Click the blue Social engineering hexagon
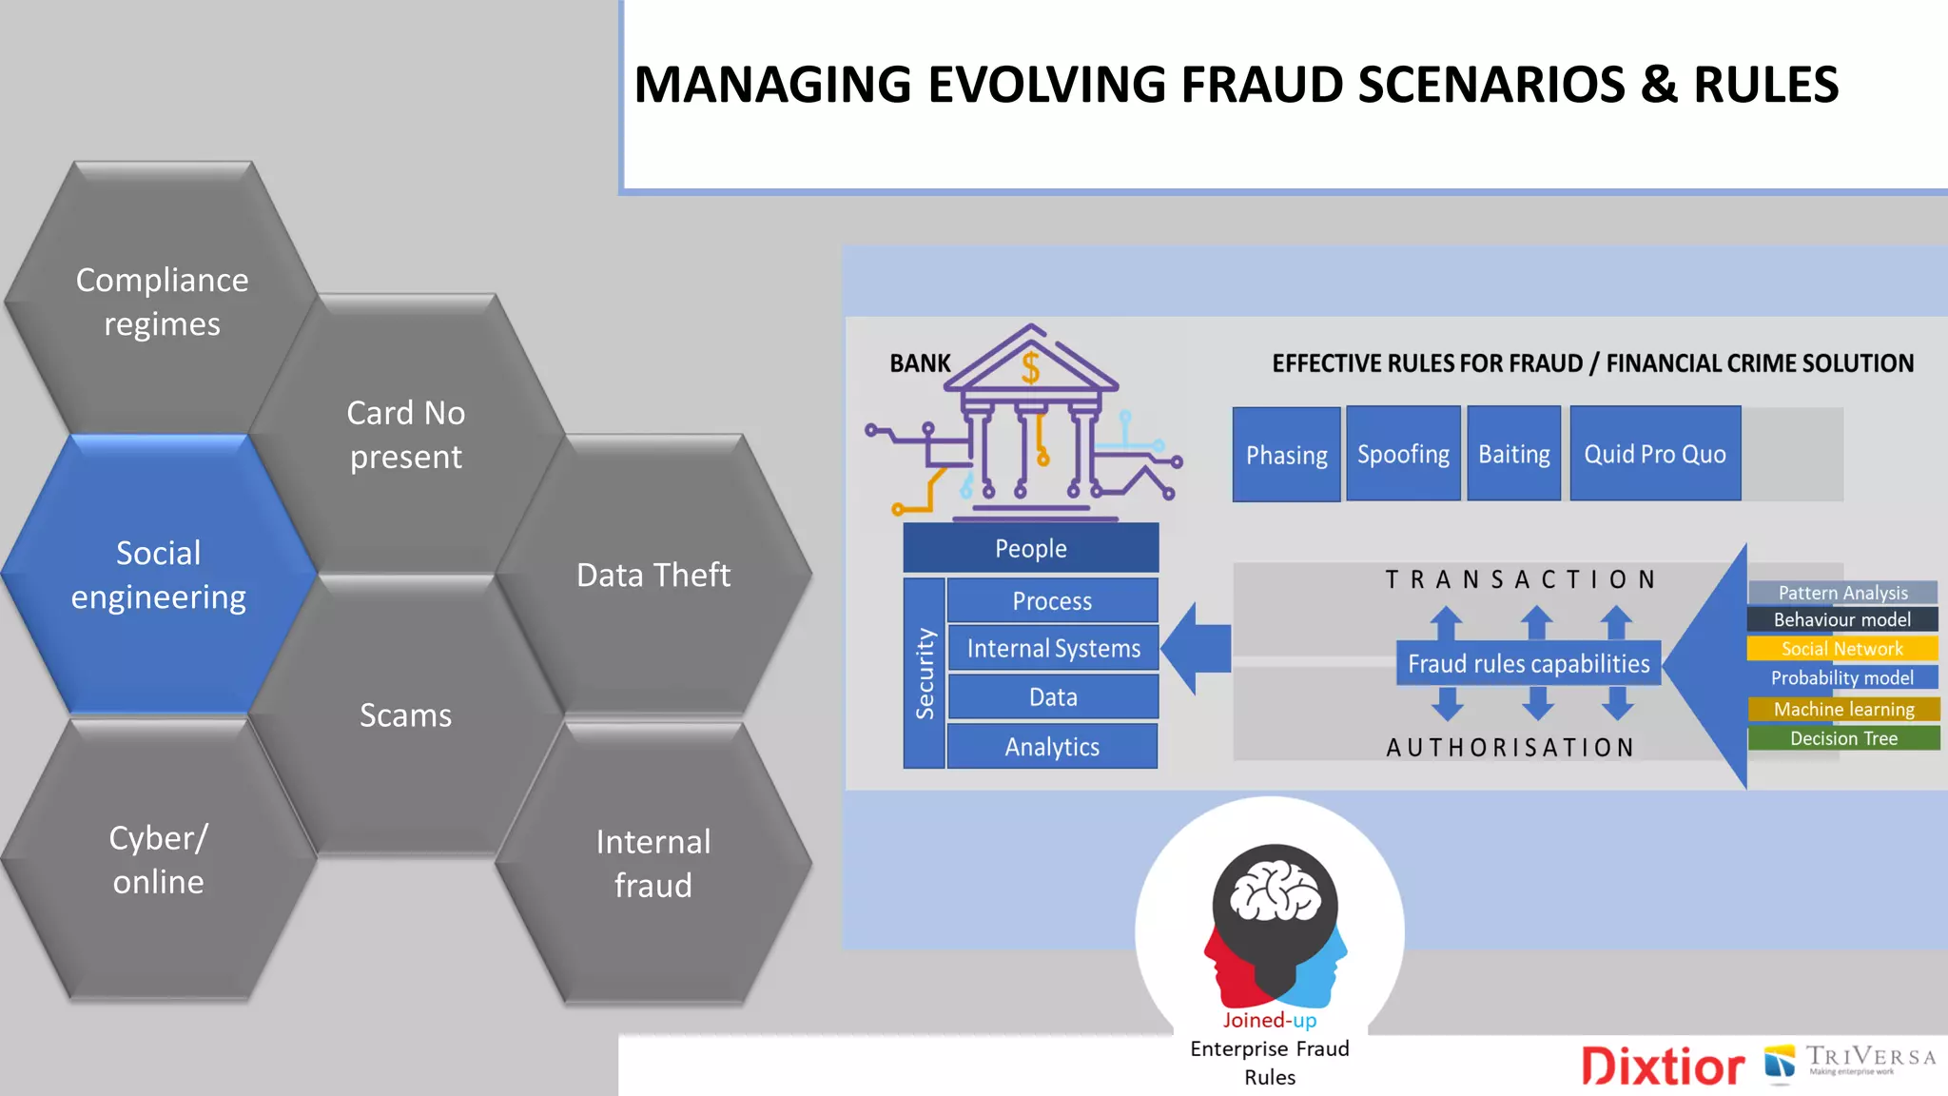[159, 575]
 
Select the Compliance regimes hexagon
[162, 301]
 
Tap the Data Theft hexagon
[653, 575]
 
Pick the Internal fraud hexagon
[653, 863]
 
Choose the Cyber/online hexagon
[159, 859]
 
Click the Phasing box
[1286, 455]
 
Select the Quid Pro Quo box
[1655, 454]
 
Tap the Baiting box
[1513, 454]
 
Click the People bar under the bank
[1031, 548]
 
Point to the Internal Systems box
[1053, 648]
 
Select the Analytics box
[1052, 747]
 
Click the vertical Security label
[925, 673]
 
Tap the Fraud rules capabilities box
[1529, 663]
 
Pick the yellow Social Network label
[1842, 649]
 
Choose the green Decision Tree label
[1843, 738]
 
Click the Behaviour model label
[1842, 619]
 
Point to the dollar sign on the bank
[1030, 367]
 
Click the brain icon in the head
[1275, 891]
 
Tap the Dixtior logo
[1663, 1067]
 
